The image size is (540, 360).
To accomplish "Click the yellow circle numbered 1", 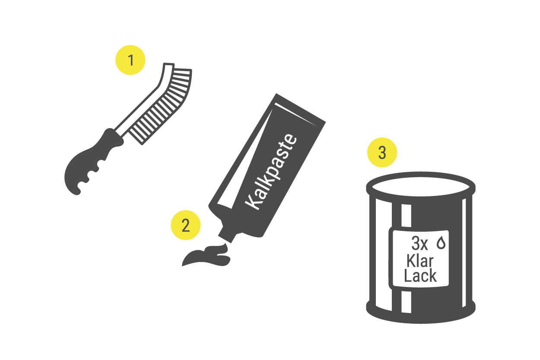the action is tap(130, 60).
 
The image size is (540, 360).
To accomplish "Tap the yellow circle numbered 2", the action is tap(186, 225).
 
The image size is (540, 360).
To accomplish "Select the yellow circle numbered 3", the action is tap(382, 152).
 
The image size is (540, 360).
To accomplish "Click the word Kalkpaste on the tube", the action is tap(271, 172).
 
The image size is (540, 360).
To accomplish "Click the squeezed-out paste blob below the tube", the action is tap(206, 255).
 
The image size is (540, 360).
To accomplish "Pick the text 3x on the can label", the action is tap(420, 243).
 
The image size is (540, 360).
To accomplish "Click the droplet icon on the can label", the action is tap(441, 243).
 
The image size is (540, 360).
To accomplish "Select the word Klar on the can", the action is tap(420, 261).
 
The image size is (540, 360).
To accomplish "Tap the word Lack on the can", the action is tap(420, 275).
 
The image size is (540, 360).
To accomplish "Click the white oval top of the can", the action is tap(421, 187).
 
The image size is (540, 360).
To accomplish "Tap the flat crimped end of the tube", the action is tap(301, 108).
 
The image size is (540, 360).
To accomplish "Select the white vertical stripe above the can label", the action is tap(406, 215).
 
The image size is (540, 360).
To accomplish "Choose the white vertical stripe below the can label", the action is tap(406, 302).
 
